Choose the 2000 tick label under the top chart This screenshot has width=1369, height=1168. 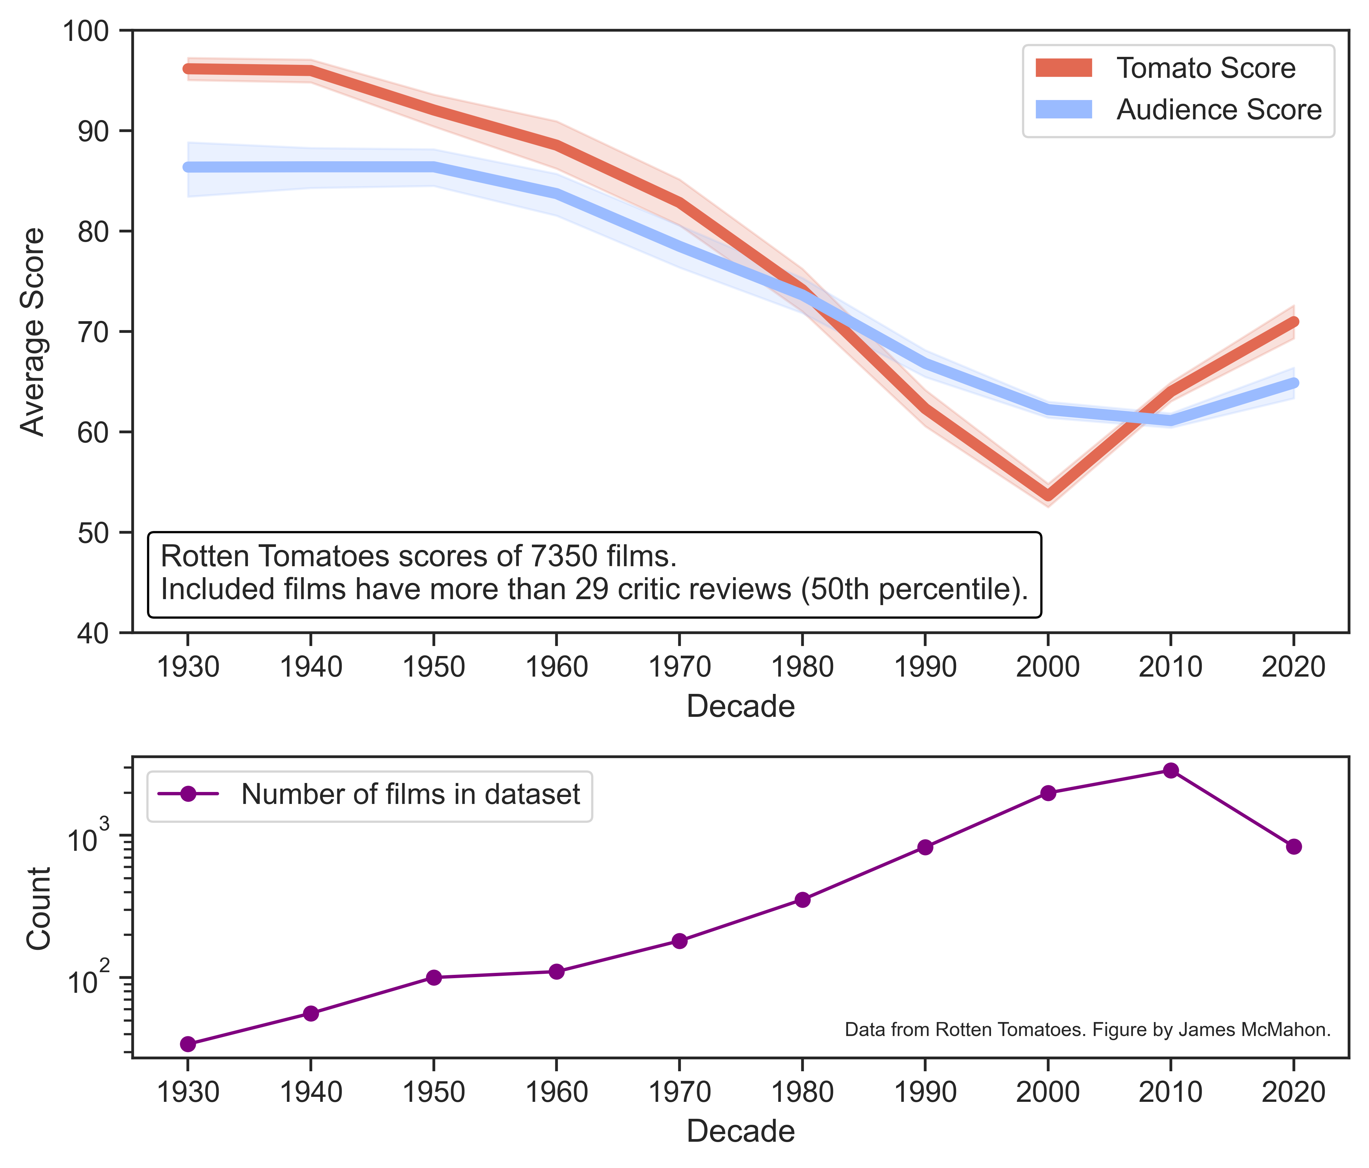[x=1047, y=668]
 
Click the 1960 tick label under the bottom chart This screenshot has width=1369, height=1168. [x=556, y=1093]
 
